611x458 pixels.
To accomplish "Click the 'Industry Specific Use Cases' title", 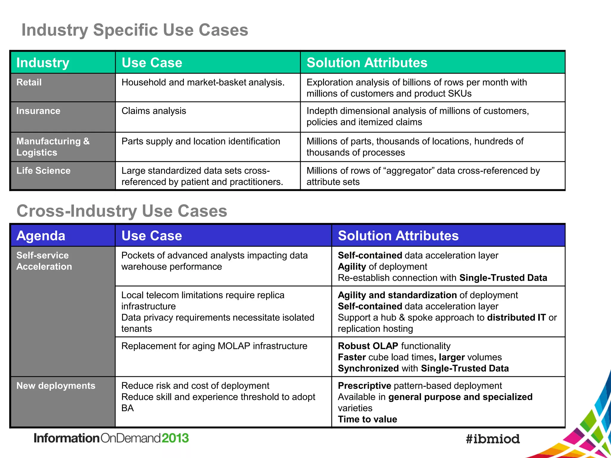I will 135,30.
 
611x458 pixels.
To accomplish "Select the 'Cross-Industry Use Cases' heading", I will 122,211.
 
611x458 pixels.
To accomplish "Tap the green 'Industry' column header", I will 43,63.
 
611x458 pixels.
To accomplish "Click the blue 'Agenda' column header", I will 41,236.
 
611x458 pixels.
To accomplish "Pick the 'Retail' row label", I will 29,82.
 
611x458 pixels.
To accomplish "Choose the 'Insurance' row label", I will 38,111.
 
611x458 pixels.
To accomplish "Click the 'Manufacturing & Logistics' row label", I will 53,147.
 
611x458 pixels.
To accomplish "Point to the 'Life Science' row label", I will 43,171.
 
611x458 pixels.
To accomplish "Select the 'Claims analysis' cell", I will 154,111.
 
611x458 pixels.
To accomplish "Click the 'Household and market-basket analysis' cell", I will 203,82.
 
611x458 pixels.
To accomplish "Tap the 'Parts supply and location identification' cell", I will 200,141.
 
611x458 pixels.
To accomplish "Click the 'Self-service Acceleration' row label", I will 44,261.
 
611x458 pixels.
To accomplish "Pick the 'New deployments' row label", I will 56,386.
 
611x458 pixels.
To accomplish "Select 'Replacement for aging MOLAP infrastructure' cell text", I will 214,346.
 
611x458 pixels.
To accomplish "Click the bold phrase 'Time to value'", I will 367,420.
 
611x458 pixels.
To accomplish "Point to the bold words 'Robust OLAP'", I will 368,346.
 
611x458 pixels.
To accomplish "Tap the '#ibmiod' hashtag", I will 493,439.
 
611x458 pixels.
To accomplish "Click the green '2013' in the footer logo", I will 175,438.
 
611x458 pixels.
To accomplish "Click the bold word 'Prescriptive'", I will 364,386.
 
